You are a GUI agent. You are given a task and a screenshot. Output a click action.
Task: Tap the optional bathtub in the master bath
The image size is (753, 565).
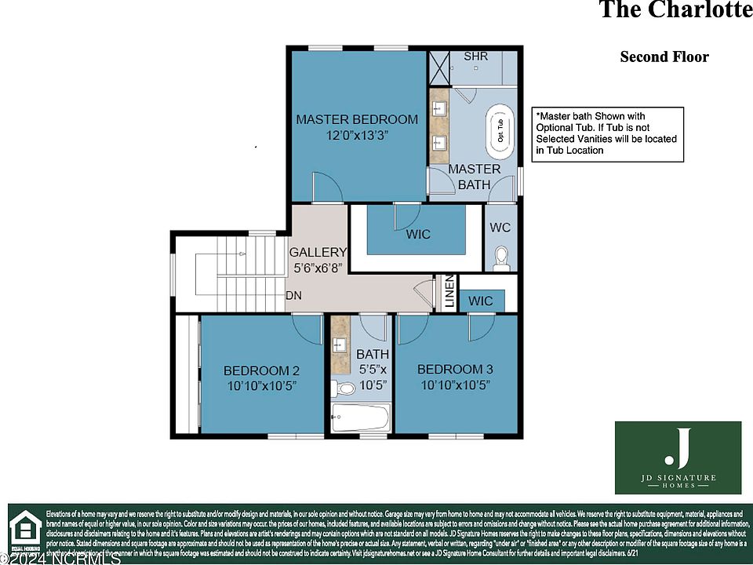pos(499,132)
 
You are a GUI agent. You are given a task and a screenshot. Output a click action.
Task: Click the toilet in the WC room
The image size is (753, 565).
pos(501,258)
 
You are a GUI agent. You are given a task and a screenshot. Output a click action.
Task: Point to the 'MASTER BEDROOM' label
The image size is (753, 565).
pos(357,119)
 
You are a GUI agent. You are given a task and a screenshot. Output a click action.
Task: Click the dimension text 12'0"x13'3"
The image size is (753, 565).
pos(357,135)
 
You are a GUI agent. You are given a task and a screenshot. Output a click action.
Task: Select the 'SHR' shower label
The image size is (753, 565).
pos(475,56)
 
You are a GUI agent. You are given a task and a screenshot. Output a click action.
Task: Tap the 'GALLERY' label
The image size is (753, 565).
pos(318,252)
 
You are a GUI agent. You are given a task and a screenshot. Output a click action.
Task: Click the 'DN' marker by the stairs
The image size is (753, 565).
pos(293,296)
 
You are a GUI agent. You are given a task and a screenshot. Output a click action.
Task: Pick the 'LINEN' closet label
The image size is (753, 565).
pos(449,292)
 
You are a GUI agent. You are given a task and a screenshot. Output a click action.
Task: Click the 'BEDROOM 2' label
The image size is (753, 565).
pos(261,370)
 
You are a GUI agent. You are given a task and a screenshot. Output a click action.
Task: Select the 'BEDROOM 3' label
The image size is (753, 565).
pos(455,369)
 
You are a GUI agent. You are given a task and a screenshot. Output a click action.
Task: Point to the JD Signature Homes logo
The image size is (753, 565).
pos(678,457)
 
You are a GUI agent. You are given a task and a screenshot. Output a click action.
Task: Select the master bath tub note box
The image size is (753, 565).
pos(607,134)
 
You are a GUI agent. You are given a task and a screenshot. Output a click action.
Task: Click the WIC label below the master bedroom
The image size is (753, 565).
pos(417,234)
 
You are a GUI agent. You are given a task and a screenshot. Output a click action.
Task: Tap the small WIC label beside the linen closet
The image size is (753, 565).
pos(481,301)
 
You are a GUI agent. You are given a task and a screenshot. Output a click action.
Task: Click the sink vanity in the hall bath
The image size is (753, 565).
pos(340,346)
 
